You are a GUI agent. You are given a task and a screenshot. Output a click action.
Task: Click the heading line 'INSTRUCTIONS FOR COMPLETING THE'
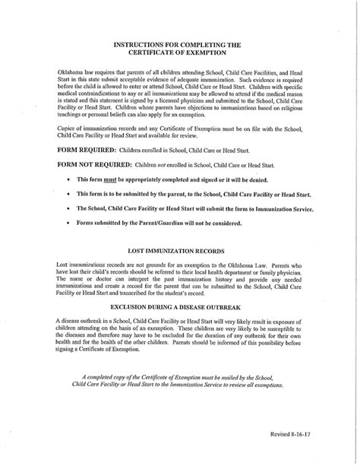(180, 46)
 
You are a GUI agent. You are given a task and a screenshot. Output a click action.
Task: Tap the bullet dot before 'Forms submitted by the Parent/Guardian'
(69, 223)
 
